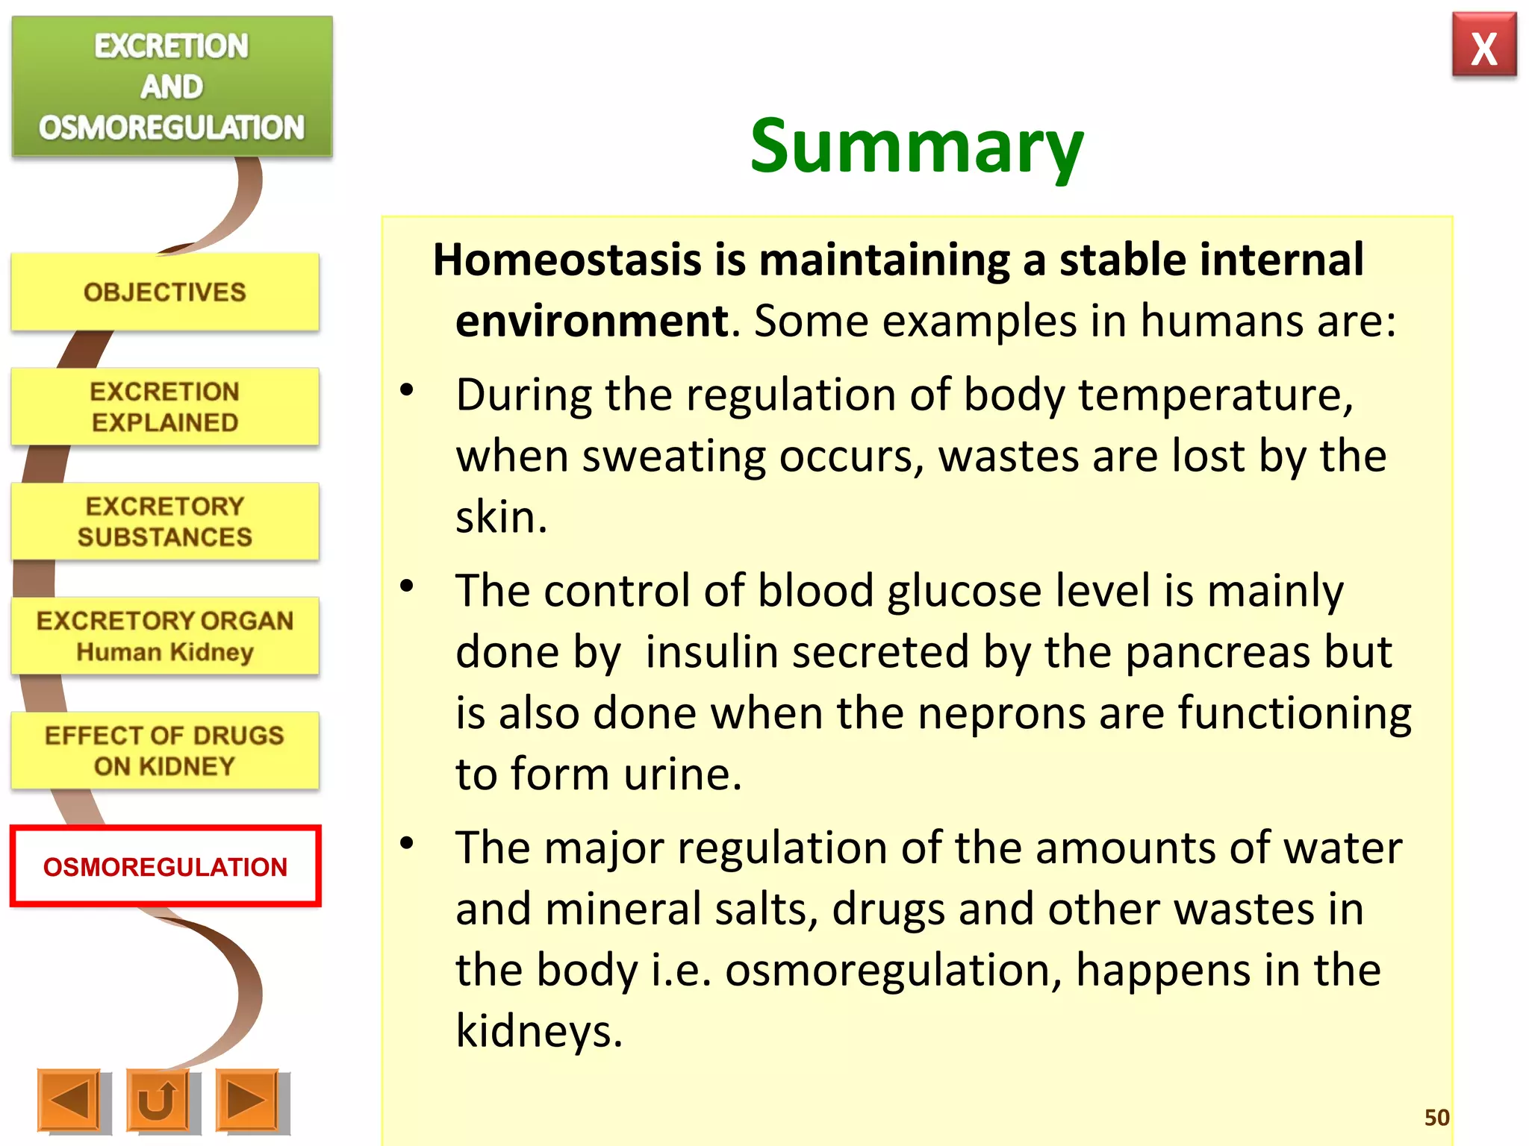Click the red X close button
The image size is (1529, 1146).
click(1483, 46)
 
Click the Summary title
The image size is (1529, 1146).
click(916, 147)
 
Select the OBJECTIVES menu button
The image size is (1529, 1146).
click(165, 292)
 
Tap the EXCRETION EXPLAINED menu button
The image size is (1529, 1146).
click(165, 407)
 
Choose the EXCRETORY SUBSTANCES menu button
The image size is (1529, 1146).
click(165, 522)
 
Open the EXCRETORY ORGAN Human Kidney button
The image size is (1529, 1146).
click(165, 636)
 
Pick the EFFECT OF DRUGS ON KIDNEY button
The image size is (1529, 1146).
click(165, 751)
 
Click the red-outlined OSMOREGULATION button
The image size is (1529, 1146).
click(165, 866)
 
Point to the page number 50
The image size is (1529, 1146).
click(1436, 1118)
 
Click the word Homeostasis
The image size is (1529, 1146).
click(567, 260)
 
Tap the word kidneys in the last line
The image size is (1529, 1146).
click(538, 1031)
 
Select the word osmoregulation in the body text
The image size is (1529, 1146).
click(893, 970)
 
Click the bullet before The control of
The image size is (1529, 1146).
click(407, 586)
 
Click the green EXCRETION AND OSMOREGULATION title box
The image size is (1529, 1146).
click(172, 87)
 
